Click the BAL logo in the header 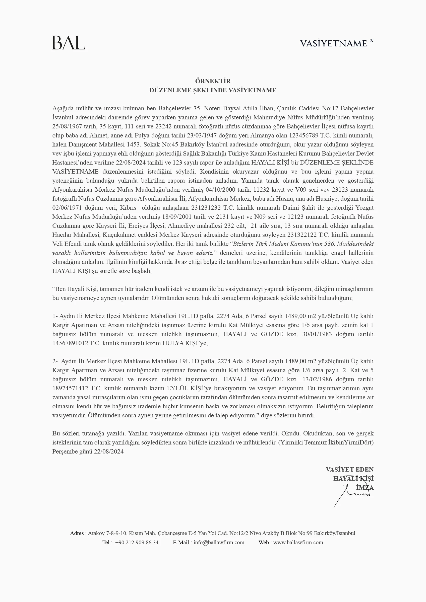point(69,43)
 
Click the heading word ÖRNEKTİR point(213,81)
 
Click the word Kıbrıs point(128,208)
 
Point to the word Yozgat point(364,208)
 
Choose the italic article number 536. point(330,244)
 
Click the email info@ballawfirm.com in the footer point(219,543)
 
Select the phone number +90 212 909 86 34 point(137,543)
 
